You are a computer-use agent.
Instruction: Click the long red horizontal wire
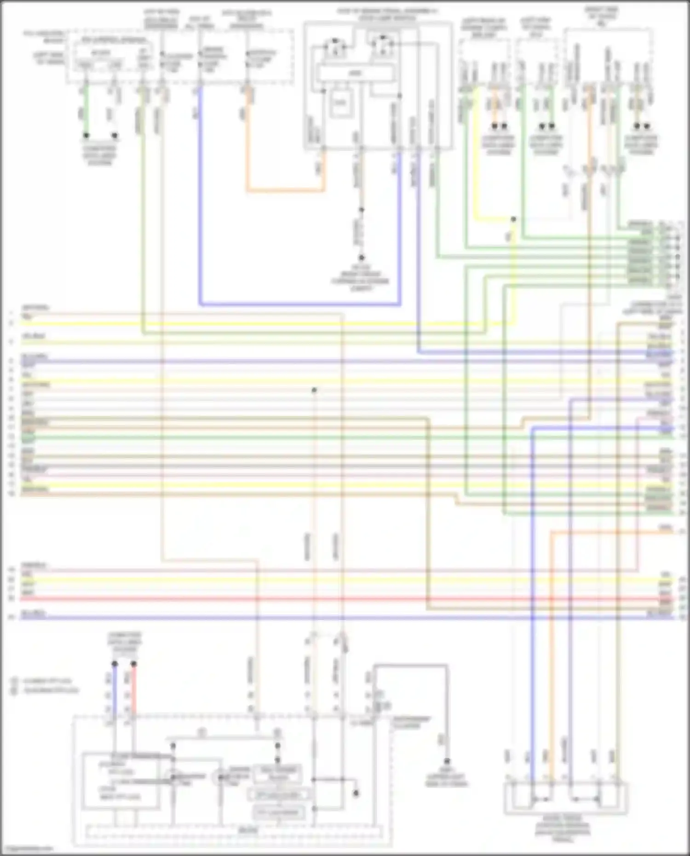[x=322, y=599]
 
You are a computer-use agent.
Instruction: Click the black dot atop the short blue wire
[x=115, y=664]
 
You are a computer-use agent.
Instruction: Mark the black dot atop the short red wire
[x=133, y=664]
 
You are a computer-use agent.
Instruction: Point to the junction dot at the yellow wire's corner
[x=513, y=219]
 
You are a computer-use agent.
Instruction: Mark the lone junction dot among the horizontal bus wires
[x=314, y=390]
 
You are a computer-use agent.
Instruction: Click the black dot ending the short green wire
[x=86, y=136]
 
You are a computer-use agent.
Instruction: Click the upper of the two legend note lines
[x=46, y=681]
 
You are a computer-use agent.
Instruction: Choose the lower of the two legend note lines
[x=46, y=690]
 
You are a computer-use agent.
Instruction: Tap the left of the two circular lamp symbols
[x=172, y=777]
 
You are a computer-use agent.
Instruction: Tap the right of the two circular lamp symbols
[x=220, y=777]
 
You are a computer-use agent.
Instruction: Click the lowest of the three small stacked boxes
[x=278, y=812]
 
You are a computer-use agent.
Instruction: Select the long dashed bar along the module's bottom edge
[x=235, y=831]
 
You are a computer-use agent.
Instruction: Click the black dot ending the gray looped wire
[x=446, y=761]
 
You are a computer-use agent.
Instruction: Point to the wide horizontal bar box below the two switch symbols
[x=356, y=73]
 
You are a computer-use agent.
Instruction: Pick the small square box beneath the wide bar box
[x=339, y=102]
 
